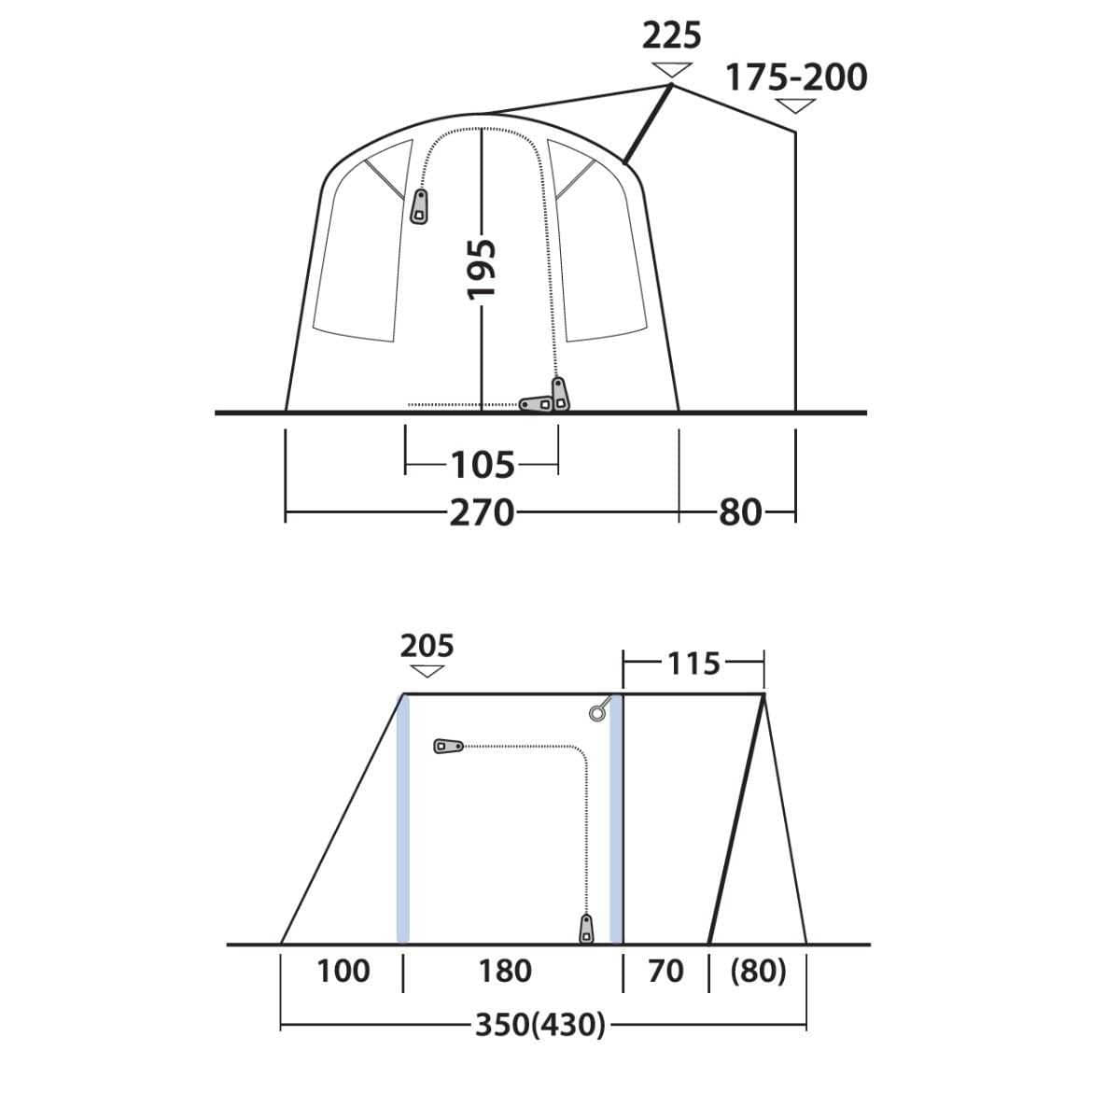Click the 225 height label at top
(672, 36)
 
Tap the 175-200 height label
(796, 77)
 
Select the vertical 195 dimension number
(482, 270)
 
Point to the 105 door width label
(483, 464)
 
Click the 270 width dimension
(482, 512)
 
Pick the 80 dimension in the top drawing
(740, 512)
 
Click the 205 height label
(427, 645)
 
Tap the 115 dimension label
(693, 664)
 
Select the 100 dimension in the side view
(343, 972)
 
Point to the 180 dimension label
(505, 972)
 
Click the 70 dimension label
(665, 972)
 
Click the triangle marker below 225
(672, 69)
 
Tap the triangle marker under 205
(427, 672)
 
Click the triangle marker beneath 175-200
(795, 105)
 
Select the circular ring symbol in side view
(597, 714)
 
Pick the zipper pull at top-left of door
(419, 206)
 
